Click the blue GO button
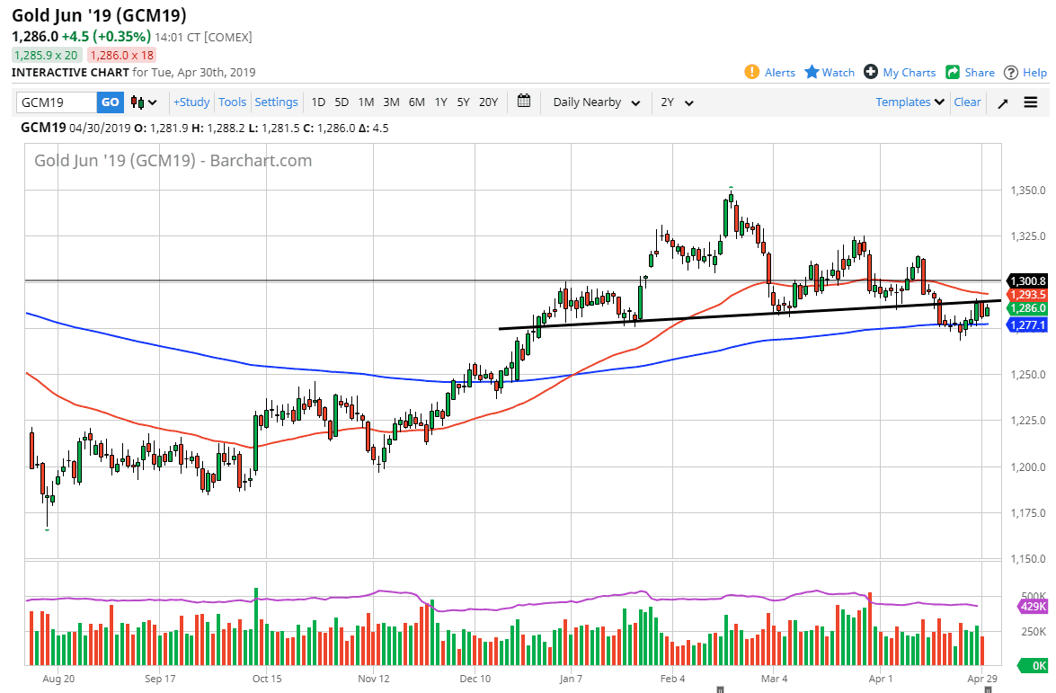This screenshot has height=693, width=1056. tap(110, 102)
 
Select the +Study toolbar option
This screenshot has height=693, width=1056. tap(191, 102)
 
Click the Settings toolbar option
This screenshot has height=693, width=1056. tap(276, 102)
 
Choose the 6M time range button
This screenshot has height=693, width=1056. tap(416, 102)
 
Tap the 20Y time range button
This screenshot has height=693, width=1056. tap(488, 102)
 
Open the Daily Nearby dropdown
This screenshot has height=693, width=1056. tap(597, 102)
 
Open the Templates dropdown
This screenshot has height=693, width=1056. tap(910, 102)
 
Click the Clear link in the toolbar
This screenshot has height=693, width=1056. tap(967, 102)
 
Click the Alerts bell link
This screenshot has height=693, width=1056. tap(770, 73)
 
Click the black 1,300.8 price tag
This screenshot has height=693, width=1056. tap(1028, 280)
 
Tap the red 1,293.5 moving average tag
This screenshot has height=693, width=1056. tap(1028, 294)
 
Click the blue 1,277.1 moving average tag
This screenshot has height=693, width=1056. tap(1028, 324)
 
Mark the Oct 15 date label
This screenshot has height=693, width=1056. tap(267, 680)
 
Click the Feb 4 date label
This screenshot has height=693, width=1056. tap(672, 680)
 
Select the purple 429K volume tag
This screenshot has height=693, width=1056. tap(1034, 608)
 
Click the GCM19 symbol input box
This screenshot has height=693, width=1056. tap(56, 102)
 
